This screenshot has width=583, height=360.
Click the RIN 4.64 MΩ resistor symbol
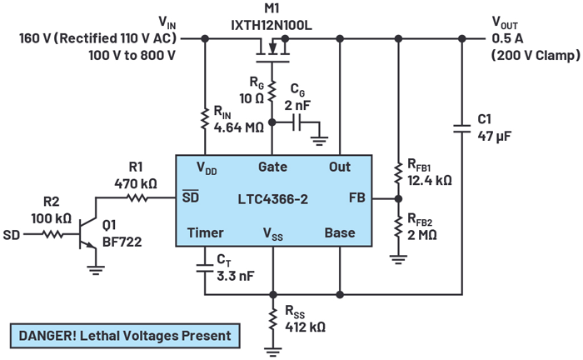pyautogui.click(x=204, y=120)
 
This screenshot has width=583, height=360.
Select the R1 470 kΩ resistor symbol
pyautogui.click(x=134, y=197)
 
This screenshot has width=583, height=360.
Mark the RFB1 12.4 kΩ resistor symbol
pyautogui.click(x=398, y=172)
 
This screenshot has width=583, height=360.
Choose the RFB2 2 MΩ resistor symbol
pyautogui.click(x=398, y=223)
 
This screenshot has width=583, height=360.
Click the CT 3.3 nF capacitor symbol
pyautogui.click(x=204, y=268)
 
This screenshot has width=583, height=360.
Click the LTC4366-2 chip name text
pyautogui.click(x=272, y=199)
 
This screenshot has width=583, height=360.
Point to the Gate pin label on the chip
pyautogui.click(x=272, y=167)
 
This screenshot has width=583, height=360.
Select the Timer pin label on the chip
pyautogui.click(x=205, y=232)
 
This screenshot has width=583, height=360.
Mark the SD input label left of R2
pyautogui.click(x=12, y=235)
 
